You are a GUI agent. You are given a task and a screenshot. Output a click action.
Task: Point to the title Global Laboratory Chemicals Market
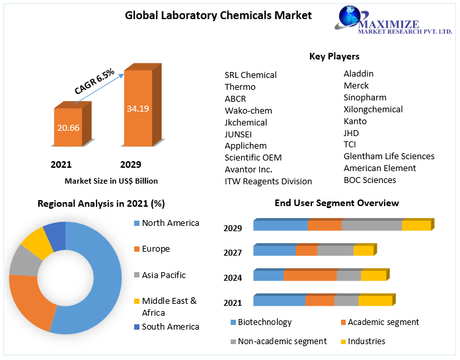218,15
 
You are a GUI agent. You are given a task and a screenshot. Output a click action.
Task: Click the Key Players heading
334,56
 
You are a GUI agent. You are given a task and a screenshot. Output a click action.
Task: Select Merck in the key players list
356,86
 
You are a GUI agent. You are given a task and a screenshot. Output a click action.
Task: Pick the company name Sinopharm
365,98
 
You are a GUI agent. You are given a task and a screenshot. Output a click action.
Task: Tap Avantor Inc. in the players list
249,169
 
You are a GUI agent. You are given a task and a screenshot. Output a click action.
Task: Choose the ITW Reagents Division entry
268,181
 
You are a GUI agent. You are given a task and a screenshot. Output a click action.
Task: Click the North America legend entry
170,223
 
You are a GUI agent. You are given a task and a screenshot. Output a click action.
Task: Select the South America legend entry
170,327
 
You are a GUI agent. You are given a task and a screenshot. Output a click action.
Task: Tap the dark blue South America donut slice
56,235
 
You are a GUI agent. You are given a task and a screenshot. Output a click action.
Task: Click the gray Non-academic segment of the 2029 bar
371,225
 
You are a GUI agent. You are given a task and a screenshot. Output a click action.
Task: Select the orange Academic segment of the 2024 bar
310,275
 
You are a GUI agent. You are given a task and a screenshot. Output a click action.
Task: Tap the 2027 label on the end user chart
233,253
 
